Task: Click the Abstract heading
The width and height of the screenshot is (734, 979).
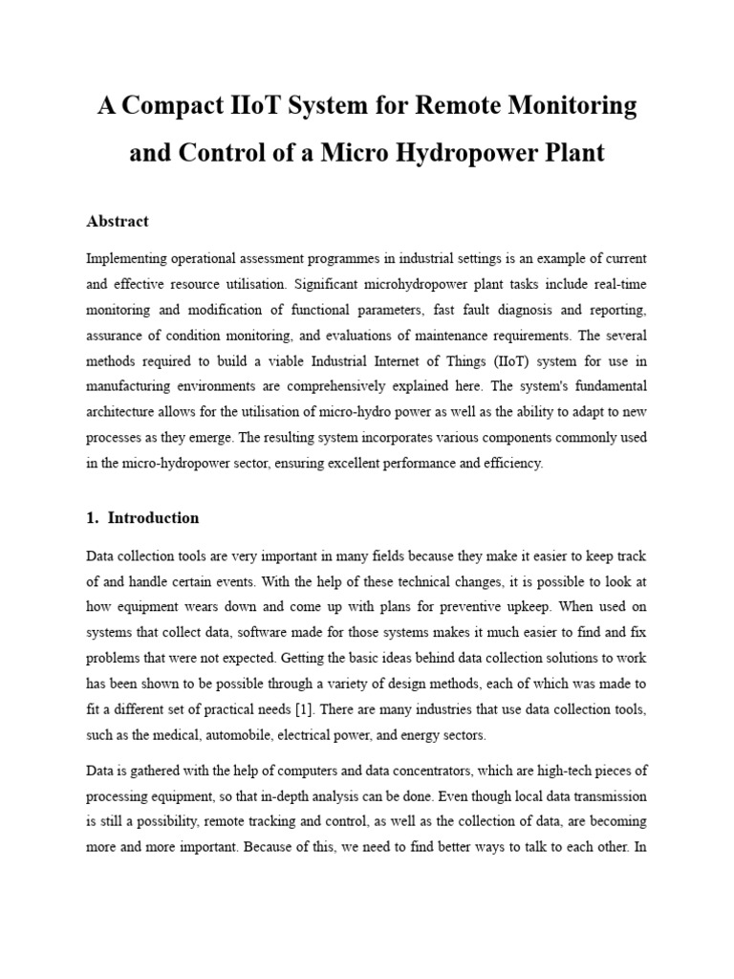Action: (x=118, y=221)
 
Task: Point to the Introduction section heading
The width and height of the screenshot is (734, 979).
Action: (x=153, y=517)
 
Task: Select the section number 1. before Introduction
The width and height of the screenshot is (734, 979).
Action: (x=93, y=517)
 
